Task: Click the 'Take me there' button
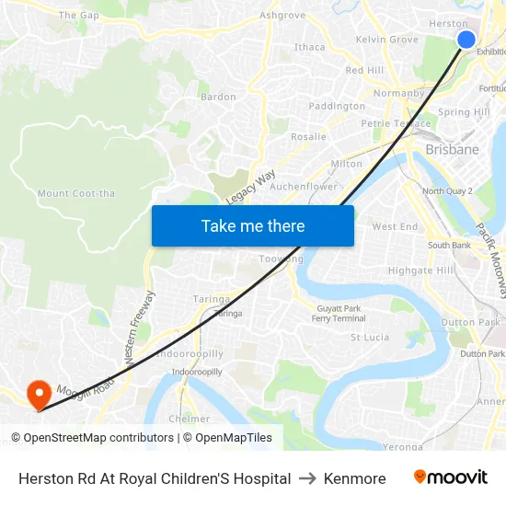[x=253, y=225]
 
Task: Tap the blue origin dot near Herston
[x=466, y=39]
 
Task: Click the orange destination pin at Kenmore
[x=39, y=395]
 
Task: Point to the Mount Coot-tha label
[x=75, y=193]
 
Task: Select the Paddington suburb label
[x=337, y=106]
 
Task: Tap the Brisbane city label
[x=452, y=149]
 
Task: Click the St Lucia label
[x=370, y=338]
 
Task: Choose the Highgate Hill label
[x=421, y=270]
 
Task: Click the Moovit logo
[x=450, y=477]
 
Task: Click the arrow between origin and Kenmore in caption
[x=307, y=478]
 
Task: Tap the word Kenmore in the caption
[x=354, y=478]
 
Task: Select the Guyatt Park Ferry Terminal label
[x=339, y=313]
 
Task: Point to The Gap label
[x=78, y=16]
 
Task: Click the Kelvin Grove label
[x=386, y=40]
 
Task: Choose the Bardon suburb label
[x=218, y=97]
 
